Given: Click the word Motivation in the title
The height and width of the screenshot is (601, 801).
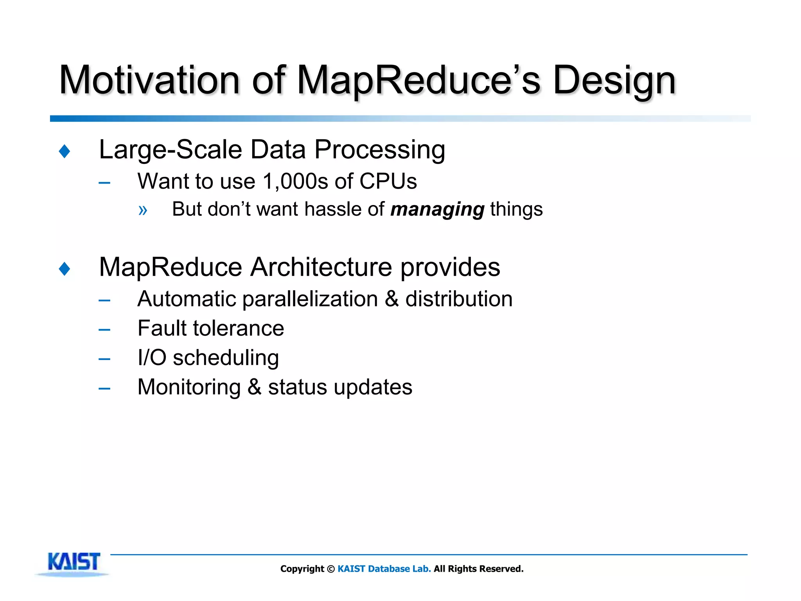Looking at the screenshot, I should (149, 80).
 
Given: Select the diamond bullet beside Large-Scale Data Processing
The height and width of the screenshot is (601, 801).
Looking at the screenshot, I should (65, 151).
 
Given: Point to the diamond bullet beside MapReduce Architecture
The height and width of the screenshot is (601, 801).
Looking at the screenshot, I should (65, 269).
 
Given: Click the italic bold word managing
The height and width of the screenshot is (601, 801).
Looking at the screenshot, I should (437, 210).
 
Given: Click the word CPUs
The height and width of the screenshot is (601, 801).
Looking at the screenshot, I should (388, 182).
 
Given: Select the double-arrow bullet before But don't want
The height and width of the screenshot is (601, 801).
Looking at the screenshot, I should (143, 211).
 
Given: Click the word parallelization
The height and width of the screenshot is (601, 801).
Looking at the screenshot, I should (310, 299).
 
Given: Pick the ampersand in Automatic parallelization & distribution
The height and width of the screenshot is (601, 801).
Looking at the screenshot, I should (392, 299).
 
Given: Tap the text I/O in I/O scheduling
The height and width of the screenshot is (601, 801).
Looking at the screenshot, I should (152, 358).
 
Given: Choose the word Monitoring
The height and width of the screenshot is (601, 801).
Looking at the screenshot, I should (189, 387).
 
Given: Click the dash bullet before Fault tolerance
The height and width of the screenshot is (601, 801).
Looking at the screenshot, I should (104, 330).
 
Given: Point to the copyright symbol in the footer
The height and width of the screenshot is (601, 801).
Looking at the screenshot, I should (331, 569).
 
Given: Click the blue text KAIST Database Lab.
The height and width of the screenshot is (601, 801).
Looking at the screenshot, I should (384, 569).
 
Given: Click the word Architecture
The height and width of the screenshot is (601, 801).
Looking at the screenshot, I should (321, 268).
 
